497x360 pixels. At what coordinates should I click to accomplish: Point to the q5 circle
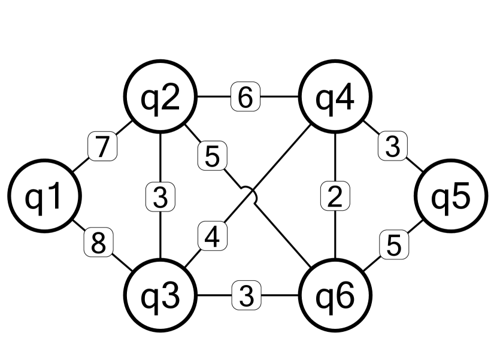point(451,197)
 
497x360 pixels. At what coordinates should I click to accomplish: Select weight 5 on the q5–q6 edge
point(393,245)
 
